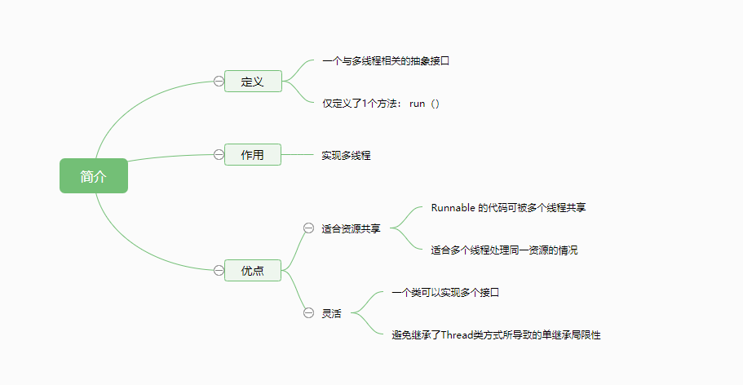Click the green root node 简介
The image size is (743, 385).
pos(94,176)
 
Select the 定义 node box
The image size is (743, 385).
pos(253,82)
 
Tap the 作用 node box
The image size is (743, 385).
pos(253,154)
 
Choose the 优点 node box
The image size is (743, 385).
pos(253,270)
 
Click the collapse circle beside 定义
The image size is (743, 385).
pos(219,81)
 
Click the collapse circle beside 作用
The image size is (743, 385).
pos(219,154)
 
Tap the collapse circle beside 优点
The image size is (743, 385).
pos(219,270)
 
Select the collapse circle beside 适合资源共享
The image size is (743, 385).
pos(308,228)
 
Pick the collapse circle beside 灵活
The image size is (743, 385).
pos(308,312)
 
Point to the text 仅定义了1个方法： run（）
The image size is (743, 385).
pos(381,104)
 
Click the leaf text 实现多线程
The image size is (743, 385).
pos(346,155)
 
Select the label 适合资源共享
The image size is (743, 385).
pos(351,229)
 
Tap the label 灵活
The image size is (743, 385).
pos(331,313)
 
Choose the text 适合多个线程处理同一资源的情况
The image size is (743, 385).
pos(504,250)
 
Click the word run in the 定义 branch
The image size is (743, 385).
pos(418,104)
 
